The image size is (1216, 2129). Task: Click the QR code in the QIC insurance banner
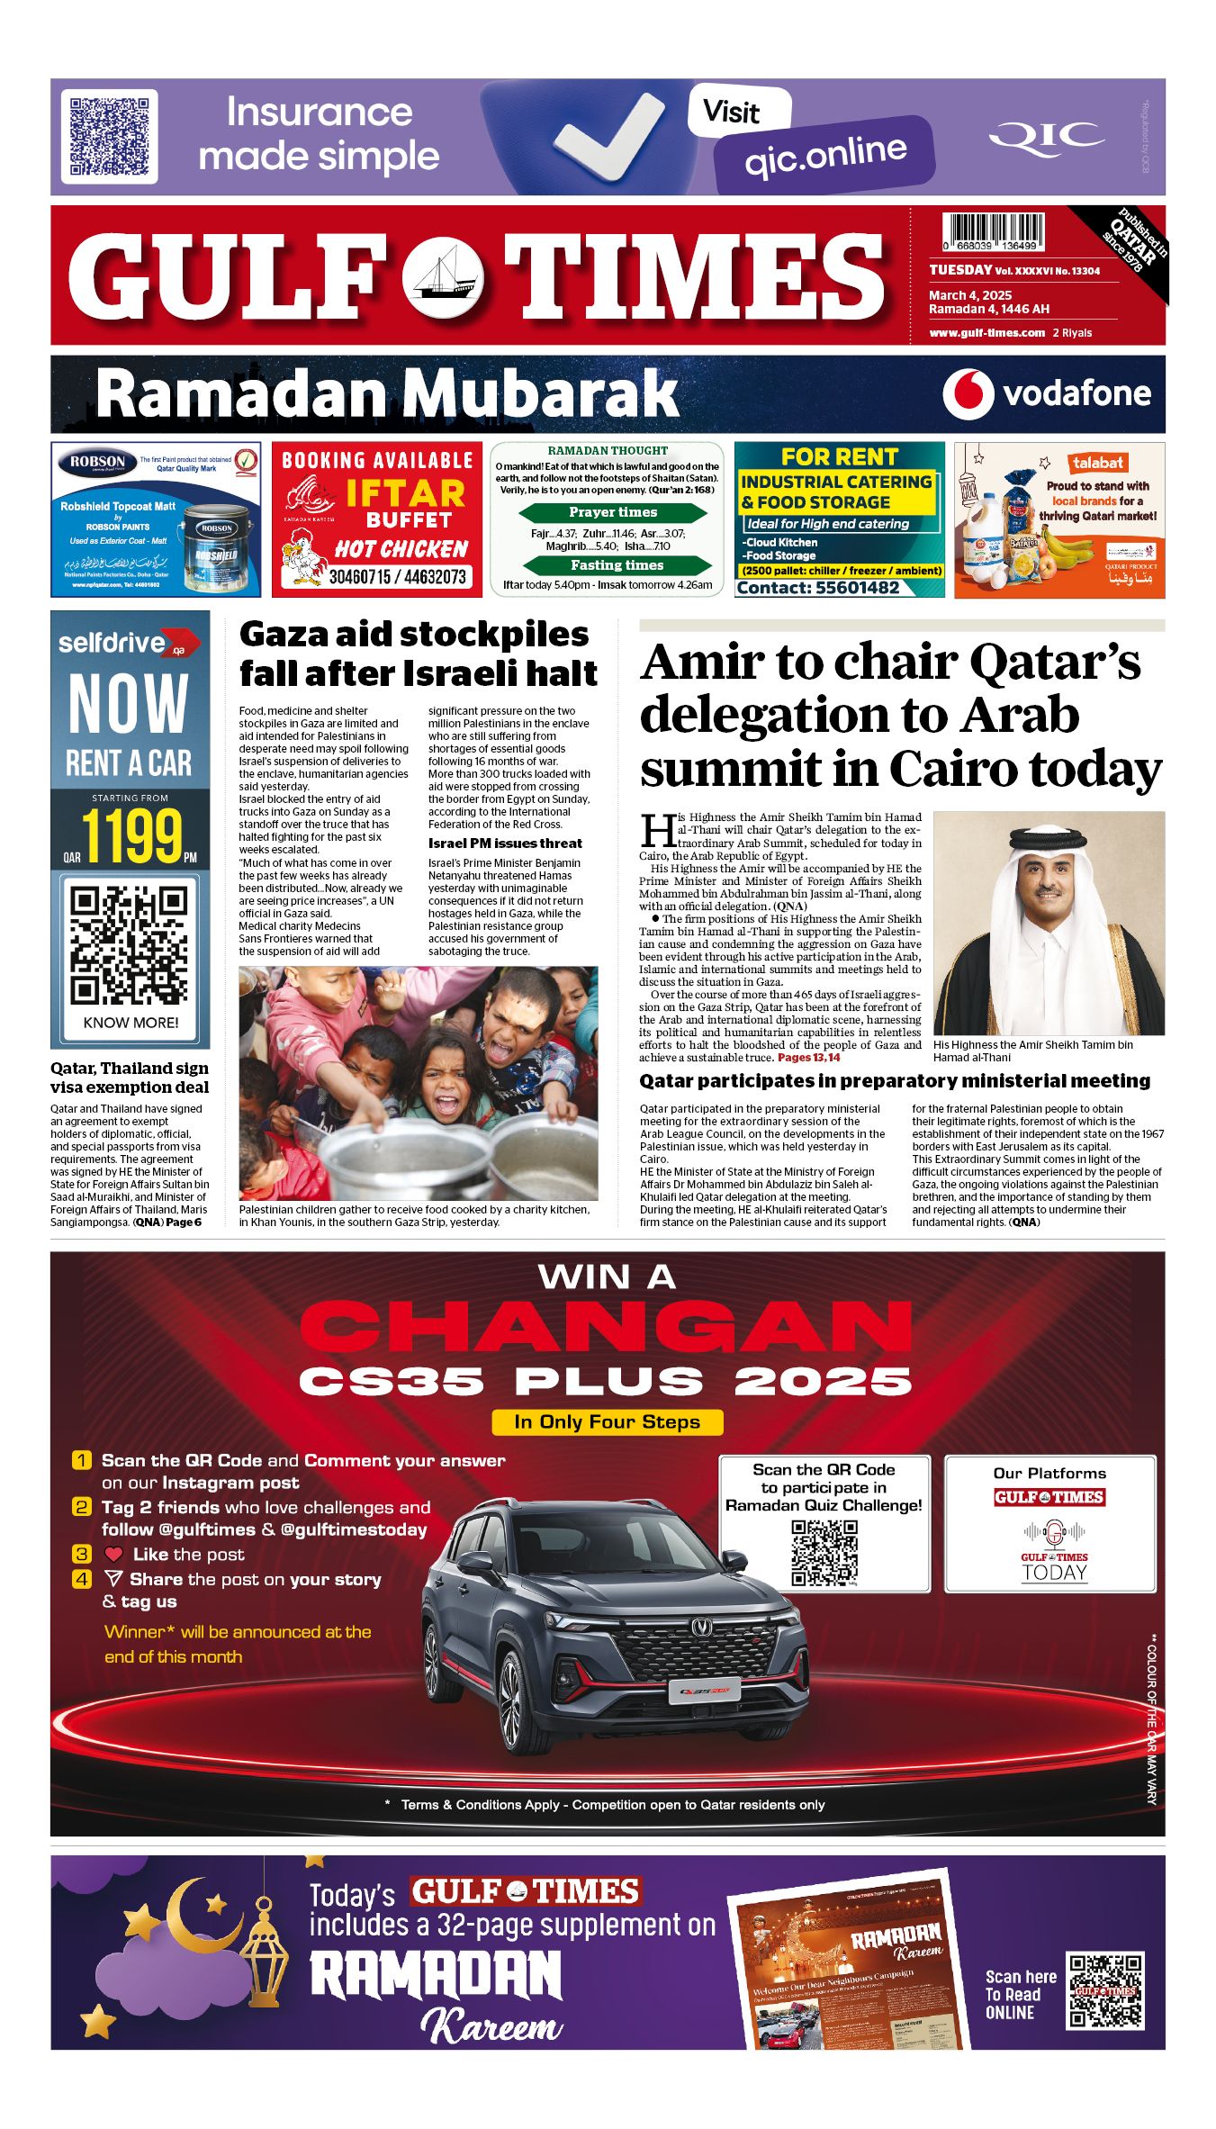(x=109, y=136)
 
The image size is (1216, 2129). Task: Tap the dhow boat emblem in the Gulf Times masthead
(x=442, y=277)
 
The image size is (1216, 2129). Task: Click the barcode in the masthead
(x=993, y=231)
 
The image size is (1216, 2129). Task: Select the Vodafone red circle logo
(x=968, y=394)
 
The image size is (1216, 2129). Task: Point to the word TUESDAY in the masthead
(x=960, y=270)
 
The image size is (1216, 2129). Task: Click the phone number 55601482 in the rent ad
(x=858, y=588)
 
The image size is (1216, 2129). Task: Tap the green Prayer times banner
(x=613, y=512)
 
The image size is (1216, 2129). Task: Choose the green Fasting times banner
(x=617, y=565)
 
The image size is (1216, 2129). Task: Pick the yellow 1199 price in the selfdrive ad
(x=132, y=836)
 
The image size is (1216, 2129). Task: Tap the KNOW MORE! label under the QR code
(x=131, y=1023)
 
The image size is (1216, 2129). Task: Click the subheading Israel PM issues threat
(x=505, y=843)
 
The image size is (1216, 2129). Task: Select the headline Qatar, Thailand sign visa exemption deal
(x=130, y=1078)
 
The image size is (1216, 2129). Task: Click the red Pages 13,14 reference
(x=808, y=1058)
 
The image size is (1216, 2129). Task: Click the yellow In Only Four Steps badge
(x=608, y=1422)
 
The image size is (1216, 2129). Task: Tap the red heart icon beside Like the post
(x=113, y=1555)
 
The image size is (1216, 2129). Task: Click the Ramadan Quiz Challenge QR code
(x=824, y=1553)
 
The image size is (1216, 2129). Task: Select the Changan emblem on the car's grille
(x=701, y=1626)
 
